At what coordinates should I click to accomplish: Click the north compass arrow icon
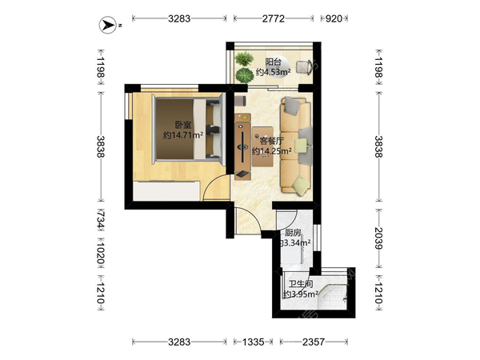[x=108, y=25]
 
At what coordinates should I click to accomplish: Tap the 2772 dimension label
[x=274, y=19]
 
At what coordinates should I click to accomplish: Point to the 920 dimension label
[x=334, y=19]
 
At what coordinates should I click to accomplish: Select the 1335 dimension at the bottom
[x=253, y=342]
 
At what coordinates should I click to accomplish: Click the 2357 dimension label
[x=314, y=342]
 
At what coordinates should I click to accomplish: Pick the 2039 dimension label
[x=378, y=238]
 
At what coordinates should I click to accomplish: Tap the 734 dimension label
[x=101, y=219]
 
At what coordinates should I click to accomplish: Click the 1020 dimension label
[x=101, y=254]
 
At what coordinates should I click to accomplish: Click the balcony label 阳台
[x=273, y=62]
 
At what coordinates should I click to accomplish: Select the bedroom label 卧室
[x=183, y=126]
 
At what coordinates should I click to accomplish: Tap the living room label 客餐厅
[x=271, y=141]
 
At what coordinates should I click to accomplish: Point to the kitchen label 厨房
[x=293, y=234]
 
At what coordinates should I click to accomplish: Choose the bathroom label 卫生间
[x=301, y=284]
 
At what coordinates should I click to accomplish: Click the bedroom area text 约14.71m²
[x=183, y=135]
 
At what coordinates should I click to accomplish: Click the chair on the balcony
[x=304, y=67]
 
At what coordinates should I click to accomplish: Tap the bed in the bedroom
[x=189, y=129]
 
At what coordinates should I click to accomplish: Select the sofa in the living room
[x=296, y=146]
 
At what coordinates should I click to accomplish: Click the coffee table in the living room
[x=262, y=146]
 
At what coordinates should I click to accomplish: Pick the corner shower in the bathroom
[x=333, y=297]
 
